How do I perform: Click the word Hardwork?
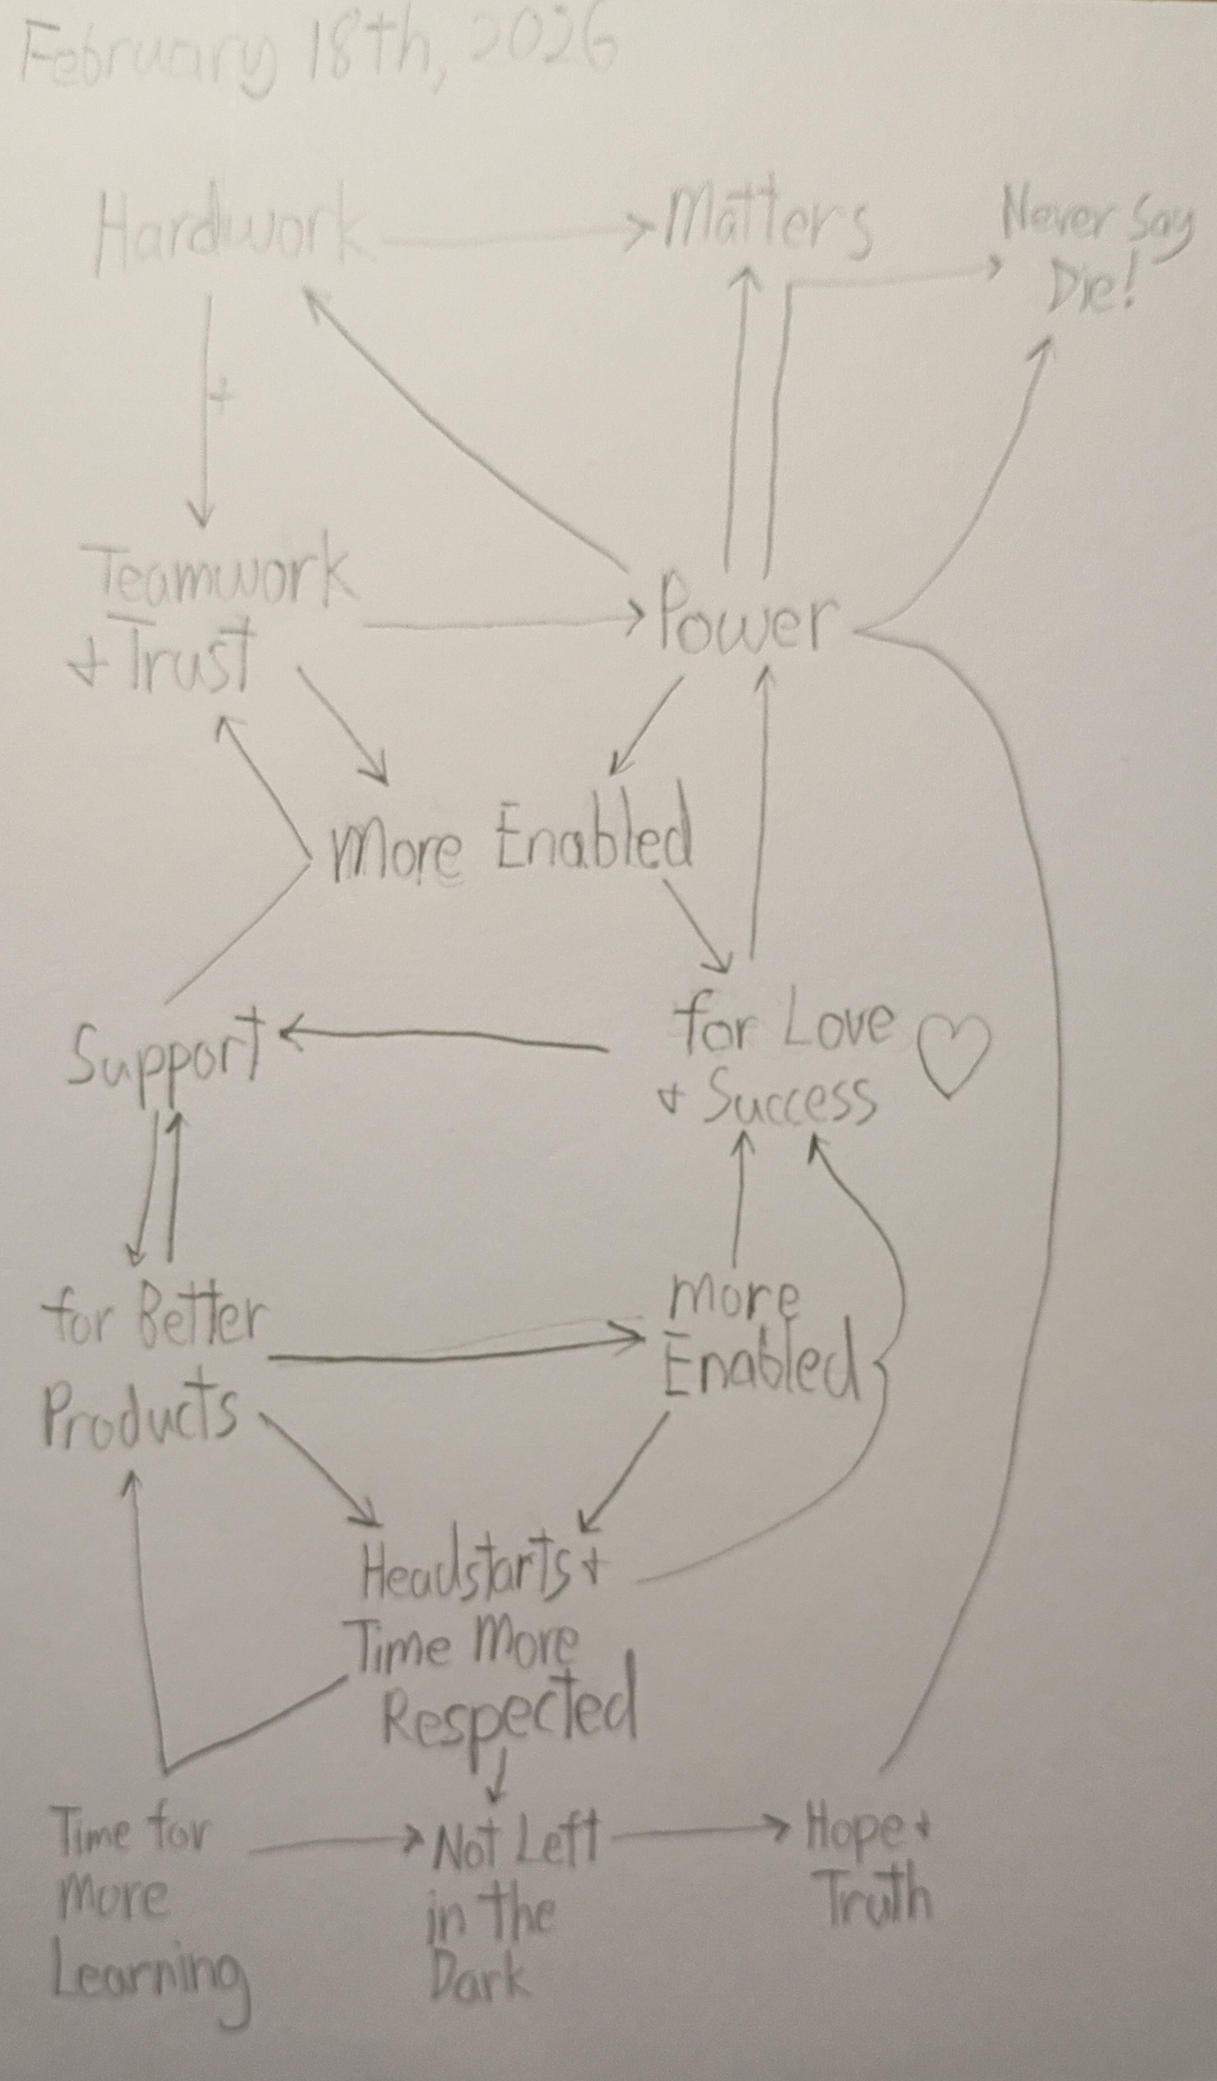click(229, 235)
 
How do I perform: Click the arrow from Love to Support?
click(446, 1039)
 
